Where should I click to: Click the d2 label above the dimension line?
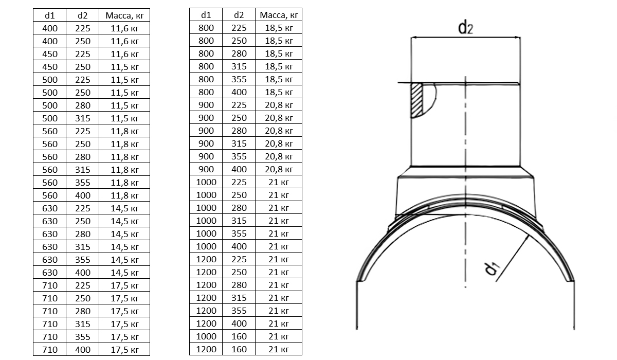pos(465,27)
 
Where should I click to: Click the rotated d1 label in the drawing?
pos(492,269)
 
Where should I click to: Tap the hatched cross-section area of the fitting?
pos(416,100)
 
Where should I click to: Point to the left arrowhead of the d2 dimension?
pos(413,37)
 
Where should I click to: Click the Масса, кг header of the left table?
pos(124,15)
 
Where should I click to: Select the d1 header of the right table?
pos(206,15)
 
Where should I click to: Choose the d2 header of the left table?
pos(82,15)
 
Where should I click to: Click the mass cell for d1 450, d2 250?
pos(124,67)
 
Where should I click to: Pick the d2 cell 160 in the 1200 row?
pos(239,349)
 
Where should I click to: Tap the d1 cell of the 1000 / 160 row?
pos(206,336)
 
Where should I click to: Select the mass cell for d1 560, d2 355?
pos(124,183)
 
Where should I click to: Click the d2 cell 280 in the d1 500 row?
pos(82,105)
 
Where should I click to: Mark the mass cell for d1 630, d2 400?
pos(124,273)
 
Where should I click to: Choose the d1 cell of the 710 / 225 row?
pos(49,285)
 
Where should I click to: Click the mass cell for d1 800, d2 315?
pos(279,66)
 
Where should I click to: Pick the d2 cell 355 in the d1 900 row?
pos(239,156)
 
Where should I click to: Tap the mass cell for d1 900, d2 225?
pos(279,105)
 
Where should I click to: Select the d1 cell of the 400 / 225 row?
pos(49,28)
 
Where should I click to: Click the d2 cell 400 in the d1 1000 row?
pos(239,246)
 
